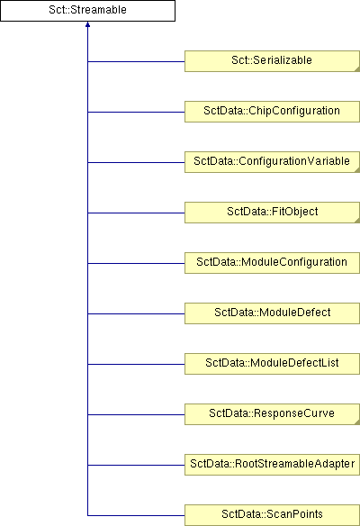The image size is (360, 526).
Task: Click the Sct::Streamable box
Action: tap(87, 11)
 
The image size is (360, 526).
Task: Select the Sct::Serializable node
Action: tap(272, 61)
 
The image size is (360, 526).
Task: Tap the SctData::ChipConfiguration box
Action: tap(272, 112)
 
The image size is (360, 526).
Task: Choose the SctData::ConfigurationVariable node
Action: tap(272, 162)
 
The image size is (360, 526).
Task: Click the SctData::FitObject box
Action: tap(272, 213)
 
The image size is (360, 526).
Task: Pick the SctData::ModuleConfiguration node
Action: tap(272, 263)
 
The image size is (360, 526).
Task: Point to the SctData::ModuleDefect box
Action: tap(272, 313)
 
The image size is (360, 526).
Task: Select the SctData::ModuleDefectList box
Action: tap(272, 364)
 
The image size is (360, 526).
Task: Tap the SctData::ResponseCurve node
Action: tap(272, 414)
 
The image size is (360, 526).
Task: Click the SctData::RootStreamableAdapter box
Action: tap(272, 465)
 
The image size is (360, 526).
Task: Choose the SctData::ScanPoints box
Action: tap(272, 515)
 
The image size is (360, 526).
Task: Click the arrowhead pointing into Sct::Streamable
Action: tap(87, 24)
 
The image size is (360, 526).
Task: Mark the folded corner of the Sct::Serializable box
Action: tap(357, 69)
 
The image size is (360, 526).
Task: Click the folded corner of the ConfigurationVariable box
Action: tap(357, 170)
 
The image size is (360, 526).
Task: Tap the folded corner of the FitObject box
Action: tap(357, 221)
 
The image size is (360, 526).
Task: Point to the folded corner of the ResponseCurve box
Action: tap(357, 422)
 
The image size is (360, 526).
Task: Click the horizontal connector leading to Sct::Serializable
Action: tap(136, 62)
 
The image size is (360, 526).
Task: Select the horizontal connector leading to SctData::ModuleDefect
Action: tap(136, 314)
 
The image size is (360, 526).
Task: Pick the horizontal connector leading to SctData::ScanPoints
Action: tap(136, 515)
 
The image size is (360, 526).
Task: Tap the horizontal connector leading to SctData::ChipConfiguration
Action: tap(136, 112)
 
